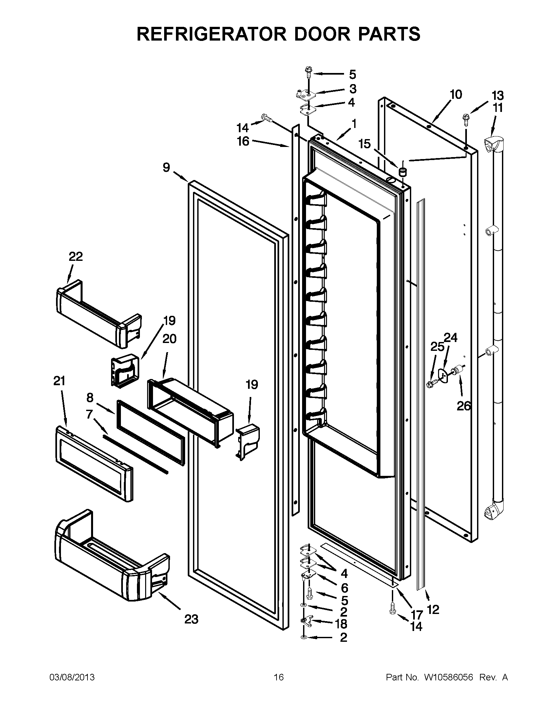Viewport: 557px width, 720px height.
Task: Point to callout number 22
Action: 76,257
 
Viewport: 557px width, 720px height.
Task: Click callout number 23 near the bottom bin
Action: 191,620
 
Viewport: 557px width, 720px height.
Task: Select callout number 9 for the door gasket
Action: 166,168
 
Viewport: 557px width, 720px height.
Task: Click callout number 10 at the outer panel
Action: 456,95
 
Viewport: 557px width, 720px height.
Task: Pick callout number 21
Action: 59,381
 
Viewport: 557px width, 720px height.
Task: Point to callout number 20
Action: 169,339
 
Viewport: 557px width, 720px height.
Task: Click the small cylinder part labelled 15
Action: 402,171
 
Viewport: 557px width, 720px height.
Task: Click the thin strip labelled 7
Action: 135,454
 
